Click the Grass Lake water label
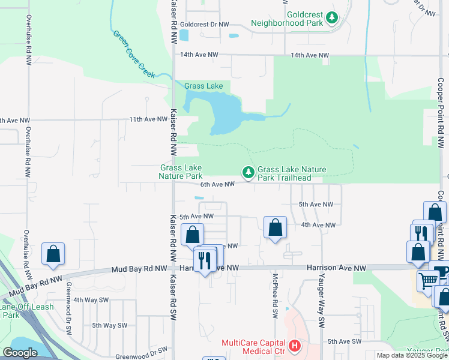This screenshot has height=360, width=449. [x=203, y=86]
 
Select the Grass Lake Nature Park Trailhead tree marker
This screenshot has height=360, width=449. [x=248, y=173]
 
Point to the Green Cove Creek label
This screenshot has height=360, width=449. [x=133, y=53]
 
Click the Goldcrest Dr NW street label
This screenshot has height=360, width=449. [x=205, y=25]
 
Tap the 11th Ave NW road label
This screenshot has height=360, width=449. [x=148, y=119]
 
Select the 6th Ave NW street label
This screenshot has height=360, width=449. [x=217, y=184]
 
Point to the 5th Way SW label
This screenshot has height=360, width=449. [x=108, y=325]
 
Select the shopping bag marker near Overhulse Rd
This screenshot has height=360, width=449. [x=53, y=253]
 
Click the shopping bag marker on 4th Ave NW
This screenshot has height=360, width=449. [x=275, y=227]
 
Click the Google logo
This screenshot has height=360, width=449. [x=20, y=353]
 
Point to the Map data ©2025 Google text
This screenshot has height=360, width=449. [x=411, y=355]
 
